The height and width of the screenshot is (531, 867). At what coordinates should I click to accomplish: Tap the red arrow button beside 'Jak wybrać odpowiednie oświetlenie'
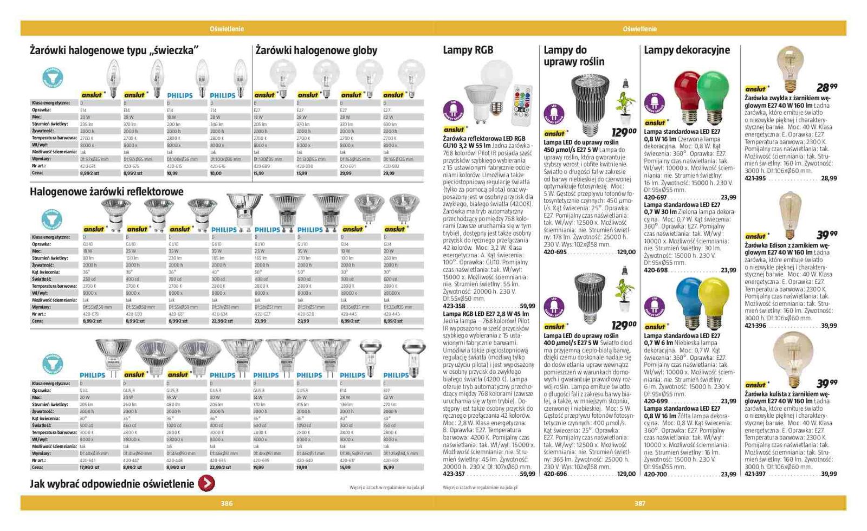point(206,483)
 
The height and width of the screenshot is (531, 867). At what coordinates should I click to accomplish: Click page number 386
point(227,503)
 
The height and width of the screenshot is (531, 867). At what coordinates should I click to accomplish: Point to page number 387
point(640,503)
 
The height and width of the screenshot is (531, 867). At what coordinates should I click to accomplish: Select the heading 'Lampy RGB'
point(468,50)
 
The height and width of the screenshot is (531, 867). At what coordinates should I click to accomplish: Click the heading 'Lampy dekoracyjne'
point(687,50)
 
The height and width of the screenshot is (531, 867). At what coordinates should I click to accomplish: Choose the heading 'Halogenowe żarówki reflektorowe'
point(106,191)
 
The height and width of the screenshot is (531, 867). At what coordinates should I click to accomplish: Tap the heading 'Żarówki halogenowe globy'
point(316,50)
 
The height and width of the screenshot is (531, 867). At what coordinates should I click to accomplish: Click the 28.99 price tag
point(826,87)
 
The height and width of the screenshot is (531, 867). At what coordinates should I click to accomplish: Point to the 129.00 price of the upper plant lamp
point(624,132)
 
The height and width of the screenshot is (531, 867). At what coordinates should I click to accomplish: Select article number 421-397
point(755,474)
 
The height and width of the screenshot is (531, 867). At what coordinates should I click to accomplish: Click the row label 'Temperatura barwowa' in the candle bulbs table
point(54,138)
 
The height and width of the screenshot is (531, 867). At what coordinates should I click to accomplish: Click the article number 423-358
point(454,306)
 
